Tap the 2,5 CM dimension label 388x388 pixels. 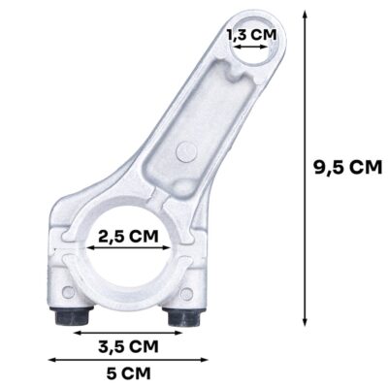[x=129, y=237]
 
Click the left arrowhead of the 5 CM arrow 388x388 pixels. [x=51, y=360]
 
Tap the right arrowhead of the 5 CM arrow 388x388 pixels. [x=207, y=360]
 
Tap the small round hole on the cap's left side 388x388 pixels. [x=67, y=293]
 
